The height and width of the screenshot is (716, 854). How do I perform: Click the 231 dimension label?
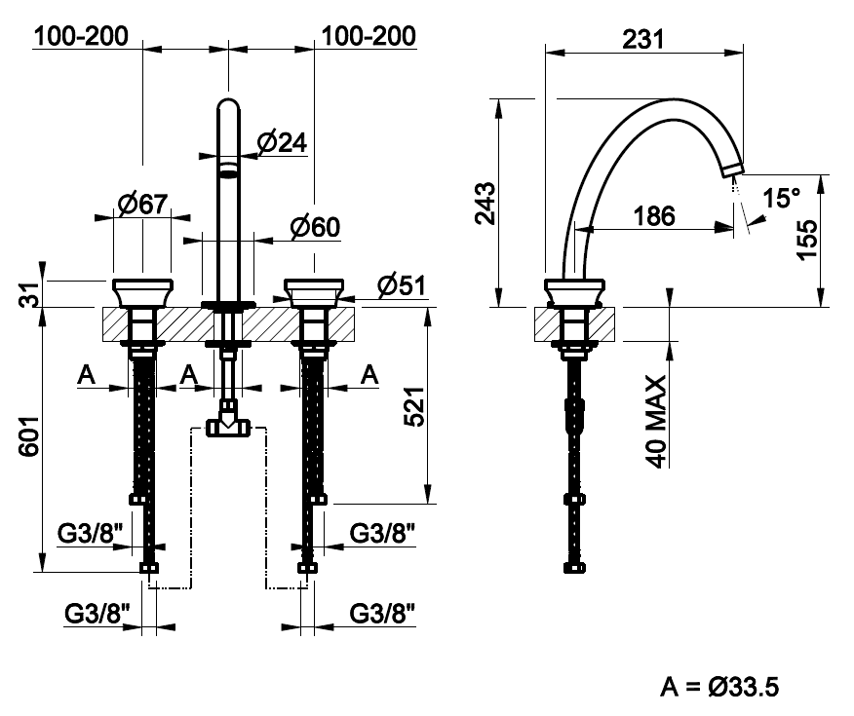point(642,39)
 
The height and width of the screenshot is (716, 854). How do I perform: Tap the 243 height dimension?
point(485,204)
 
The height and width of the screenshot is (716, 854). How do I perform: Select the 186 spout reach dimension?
point(654,216)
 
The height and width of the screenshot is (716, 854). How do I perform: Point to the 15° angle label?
point(781,198)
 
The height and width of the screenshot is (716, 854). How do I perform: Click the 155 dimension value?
point(807,240)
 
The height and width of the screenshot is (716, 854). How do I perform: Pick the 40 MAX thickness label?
point(656,422)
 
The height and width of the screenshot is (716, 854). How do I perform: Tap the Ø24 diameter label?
point(282,143)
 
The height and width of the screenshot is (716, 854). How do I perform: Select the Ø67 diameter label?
point(142,204)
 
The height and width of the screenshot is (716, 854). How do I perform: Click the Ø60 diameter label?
point(315,227)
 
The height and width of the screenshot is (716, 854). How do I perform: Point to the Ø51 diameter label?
point(402,285)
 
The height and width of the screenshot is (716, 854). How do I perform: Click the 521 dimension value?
point(413,406)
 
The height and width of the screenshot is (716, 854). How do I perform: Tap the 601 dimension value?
point(29,436)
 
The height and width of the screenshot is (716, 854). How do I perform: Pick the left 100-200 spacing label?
point(81,36)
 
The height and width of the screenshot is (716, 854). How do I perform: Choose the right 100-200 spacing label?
point(369,36)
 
